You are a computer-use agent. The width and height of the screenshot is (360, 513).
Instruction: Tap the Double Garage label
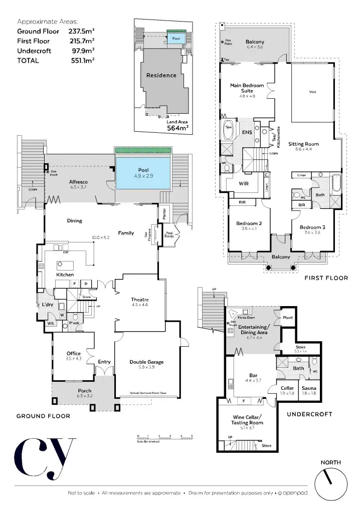146,362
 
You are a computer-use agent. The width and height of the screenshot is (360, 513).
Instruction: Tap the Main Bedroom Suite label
247,88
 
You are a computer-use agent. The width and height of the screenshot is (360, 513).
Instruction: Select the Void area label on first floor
312,92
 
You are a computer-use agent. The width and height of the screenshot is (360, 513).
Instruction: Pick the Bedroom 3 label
314,227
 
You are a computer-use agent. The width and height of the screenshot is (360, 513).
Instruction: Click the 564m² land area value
177,128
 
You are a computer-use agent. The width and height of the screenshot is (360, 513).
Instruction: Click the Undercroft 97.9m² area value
85,51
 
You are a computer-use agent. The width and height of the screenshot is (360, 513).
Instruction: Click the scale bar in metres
164,438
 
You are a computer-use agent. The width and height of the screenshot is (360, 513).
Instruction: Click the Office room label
74,354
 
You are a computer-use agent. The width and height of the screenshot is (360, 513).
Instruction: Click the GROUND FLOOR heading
43,416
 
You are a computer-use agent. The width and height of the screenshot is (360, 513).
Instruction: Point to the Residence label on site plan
161,76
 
